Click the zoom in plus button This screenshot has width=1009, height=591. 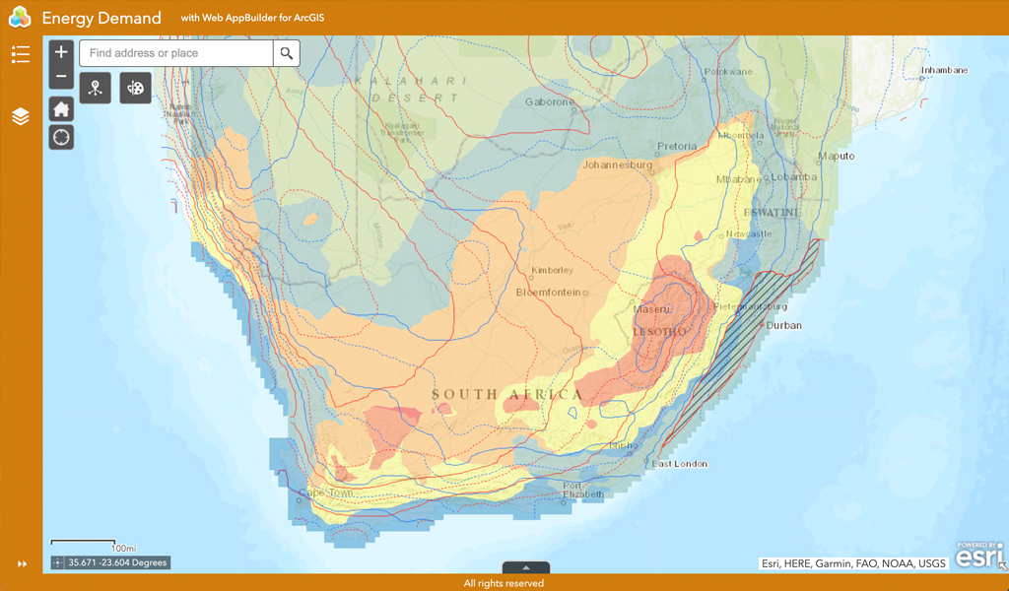point(61,52)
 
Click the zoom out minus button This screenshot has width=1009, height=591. point(61,77)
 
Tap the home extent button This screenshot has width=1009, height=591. point(61,109)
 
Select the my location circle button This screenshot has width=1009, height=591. point(61,137)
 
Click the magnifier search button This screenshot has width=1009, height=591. point(287,53)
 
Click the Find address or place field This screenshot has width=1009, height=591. point(175,53)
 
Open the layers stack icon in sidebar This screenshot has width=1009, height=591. point(21,116)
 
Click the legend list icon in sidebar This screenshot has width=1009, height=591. point(21,54)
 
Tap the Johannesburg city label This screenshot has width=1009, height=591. point(618,164)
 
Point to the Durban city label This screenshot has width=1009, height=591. point(784,325)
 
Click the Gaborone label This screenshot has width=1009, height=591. point(549,101)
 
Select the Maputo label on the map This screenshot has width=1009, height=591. point(836,156)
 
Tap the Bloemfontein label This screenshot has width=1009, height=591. point(551,293)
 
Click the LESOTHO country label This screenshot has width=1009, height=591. point(660,332)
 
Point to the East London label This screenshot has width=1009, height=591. point(681,463)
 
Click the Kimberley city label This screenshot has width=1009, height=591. point(552,270)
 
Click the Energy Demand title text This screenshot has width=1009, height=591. point(101,18)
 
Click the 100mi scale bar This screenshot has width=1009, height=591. point(95,544)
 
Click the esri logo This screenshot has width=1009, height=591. point(979,556)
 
